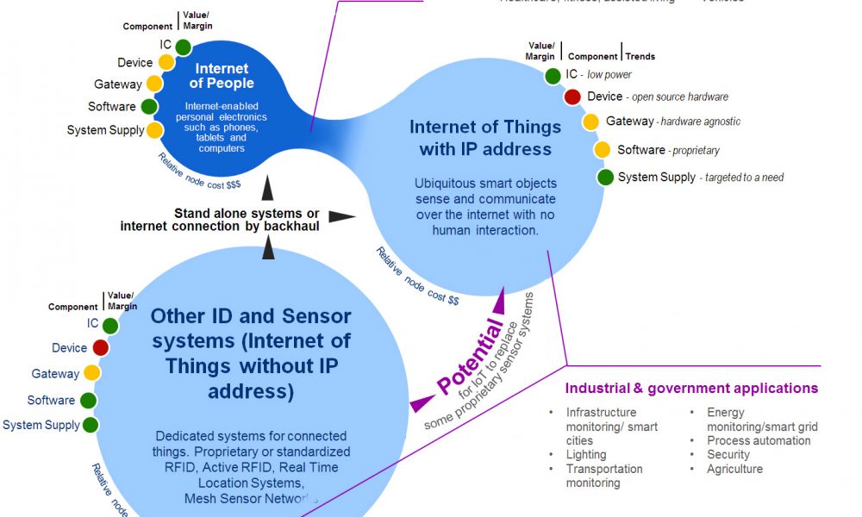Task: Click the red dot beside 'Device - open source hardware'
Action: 572,97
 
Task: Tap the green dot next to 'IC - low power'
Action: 553,76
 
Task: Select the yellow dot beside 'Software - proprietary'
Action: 603,150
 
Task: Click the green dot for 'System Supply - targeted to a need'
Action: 605,178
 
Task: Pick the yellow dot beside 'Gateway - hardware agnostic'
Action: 590,121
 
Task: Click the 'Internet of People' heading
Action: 222,76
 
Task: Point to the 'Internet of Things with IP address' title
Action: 485,138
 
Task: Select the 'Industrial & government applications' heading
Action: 691,389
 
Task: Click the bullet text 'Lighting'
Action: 586,454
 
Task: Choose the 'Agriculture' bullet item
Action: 734,469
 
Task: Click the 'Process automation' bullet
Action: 759,440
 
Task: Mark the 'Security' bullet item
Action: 728,454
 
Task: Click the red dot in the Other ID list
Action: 101,348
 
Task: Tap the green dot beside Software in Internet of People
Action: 149,107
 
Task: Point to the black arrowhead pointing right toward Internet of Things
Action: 342,215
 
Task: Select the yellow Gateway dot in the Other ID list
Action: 92,374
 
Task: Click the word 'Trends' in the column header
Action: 640,57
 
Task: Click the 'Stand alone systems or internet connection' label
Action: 220,220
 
